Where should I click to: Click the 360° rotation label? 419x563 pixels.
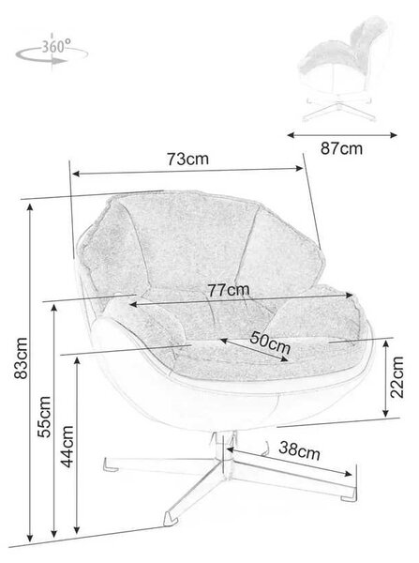(x=56, y=46)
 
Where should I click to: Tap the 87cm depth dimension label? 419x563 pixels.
(x=341, y=148)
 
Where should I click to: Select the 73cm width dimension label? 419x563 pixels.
(x=187, y=159)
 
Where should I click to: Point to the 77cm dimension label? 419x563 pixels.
(x=229, y=290)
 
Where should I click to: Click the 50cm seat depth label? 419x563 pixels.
(x=270, y=342)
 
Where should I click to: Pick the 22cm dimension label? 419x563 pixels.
(x=397, y=377)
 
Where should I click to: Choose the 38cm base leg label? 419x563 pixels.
(x=299, y=450)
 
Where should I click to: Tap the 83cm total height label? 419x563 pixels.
(x=21, y=358)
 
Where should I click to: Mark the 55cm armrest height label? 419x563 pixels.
(x=44, y=417)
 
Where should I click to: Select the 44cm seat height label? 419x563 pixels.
(x=67, y=447)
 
